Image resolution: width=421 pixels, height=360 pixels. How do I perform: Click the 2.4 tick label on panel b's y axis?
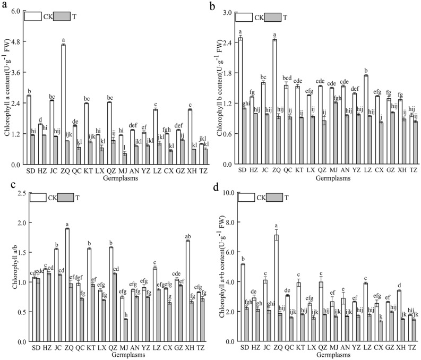coord(227,41)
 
